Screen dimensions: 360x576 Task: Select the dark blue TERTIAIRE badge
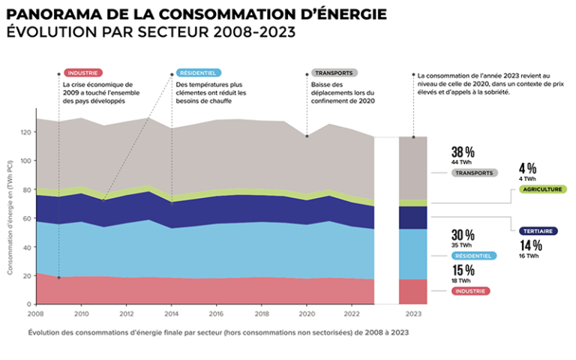tap(538, 231)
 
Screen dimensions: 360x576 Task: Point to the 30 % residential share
tap(463, 234)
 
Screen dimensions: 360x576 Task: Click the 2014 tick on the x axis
tap(172, 313)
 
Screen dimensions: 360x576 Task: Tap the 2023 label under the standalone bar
tap(412, 313)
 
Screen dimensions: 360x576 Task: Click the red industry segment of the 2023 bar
tap(412, 291)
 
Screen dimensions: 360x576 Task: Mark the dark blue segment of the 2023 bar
tap(412, 217)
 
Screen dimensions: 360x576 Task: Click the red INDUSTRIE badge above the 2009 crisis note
tap(83, 73)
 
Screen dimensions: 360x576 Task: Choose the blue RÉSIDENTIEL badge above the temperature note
tap(197, 73)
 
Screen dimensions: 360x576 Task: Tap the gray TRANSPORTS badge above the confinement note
tap(334, 73)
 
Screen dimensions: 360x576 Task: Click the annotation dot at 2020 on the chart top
tap(306, 136)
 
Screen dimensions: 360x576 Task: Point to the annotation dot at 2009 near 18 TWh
tap(58, 277)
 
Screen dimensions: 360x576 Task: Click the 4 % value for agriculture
tap(528, 168)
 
